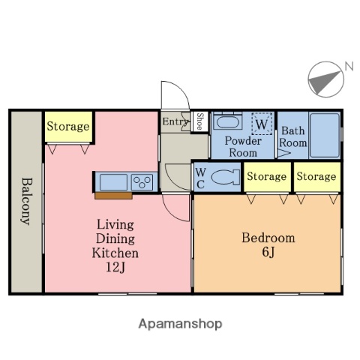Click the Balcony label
(x=25, y=200)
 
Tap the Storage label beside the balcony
(x=68, y=127)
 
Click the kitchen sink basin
(x=113, y=181)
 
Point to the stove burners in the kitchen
(x=142, y=181)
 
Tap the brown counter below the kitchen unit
(x=113, y=196)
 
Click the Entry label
(x=175, y=121)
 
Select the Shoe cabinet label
(x=199, y=121)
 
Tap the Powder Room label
(x=243, y=146)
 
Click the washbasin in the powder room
(x=226, y=122)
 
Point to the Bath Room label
(x=293, y=136)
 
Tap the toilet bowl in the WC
(x=223, y=177)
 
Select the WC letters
(x=200, y=177)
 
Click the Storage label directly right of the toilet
(x=266, y=176)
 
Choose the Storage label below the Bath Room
(x=315, y=176)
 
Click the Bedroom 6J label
(x=268, y=244)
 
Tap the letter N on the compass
(x=348, y=67)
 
